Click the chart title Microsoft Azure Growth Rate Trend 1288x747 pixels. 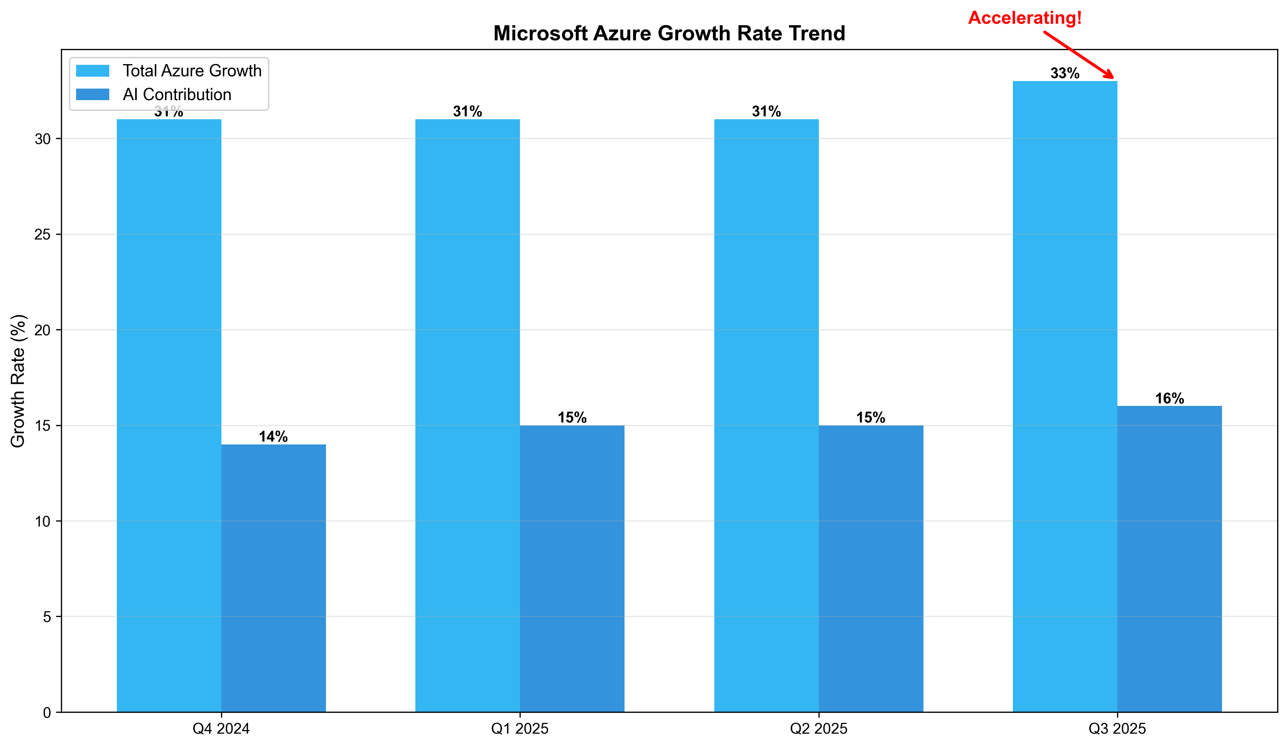coord(669,34)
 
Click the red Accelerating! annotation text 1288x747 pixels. coord(1025,18)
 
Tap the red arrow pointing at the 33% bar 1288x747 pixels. coord(1079,55)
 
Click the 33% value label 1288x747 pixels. coord(1065,73)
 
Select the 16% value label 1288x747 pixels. coord(1169,398)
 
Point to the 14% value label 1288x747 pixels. coord(273,437)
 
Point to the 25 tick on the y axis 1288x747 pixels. coord(43,234)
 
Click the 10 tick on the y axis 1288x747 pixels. coord(43,521)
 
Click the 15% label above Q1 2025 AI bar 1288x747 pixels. coord(572,418)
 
